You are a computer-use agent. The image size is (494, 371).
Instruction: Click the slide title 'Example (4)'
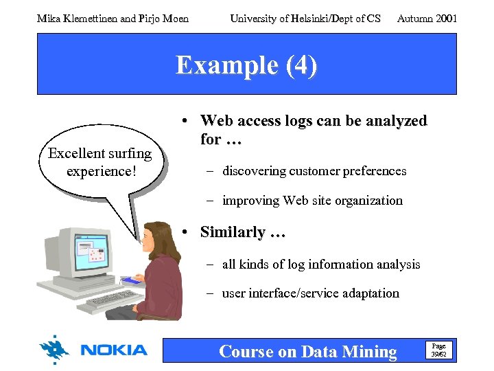pos(246,65)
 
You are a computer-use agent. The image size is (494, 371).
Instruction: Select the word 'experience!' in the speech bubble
pos(102,170)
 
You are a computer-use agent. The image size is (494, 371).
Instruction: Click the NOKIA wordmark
pos(114,350)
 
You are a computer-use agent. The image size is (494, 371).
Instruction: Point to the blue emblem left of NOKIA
pos(54,350)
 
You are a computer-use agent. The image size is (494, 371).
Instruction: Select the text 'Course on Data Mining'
pos(307,352)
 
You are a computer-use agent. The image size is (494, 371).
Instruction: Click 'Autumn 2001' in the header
pos(427,19)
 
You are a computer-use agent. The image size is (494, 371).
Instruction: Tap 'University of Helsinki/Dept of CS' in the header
pos(305,19)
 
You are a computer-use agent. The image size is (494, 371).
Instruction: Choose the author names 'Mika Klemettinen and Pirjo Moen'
pos(113,19)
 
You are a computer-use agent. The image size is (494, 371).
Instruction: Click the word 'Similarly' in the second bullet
pos(233,232)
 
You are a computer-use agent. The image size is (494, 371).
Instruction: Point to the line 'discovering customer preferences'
pos(314,170)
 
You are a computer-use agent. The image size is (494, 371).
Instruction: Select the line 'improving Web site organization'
pos(312,201)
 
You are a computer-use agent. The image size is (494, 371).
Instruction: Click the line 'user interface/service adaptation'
pos(310,293)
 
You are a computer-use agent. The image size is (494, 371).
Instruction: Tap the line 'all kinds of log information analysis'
pos(321,264)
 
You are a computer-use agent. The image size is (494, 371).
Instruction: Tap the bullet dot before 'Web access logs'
pos(185,122)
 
